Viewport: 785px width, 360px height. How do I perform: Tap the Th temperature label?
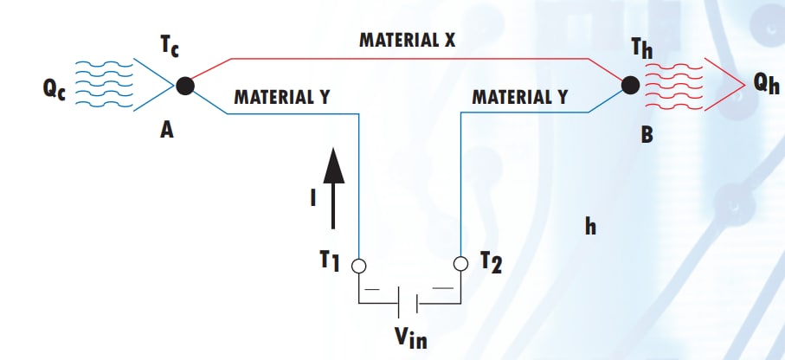coord(642,48)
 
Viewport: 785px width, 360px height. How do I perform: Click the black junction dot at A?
coord(184,85)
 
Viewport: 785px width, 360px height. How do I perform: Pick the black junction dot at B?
coord(631,85)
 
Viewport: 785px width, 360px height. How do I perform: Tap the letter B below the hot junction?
coord(646,134)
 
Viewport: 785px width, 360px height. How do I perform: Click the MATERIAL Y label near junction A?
coord(281,95)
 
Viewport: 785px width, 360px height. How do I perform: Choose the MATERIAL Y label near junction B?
coord(519,95)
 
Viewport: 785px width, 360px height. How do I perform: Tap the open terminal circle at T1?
coord(357,266)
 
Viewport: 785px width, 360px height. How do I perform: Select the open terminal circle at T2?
coord(460,263)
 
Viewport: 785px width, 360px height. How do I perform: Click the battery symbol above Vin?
coord(408,302)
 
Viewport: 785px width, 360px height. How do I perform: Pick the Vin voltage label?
coord(407,337)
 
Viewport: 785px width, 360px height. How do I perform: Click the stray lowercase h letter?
coord(589,228)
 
